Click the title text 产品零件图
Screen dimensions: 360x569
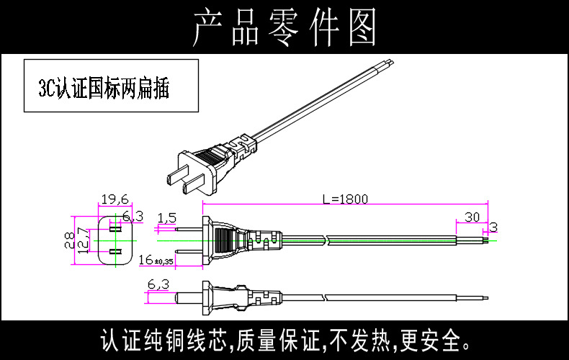pos(284,27)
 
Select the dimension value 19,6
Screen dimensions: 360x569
pos(113,199)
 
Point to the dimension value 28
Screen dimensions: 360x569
pos(69,239)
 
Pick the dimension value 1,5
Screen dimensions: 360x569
pos(166,217)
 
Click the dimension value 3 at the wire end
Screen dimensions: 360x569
pos(493,228)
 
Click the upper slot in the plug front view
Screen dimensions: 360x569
pos(113,228)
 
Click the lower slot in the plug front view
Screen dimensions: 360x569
pos(113,252)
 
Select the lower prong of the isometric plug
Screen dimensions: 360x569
pos(192,186)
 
